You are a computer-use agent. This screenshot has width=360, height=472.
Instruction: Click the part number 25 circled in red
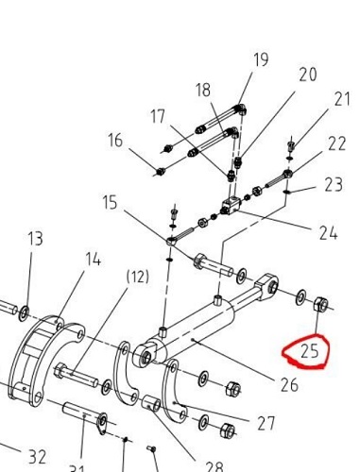[310, 351]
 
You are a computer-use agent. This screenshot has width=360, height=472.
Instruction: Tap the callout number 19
[261, 59]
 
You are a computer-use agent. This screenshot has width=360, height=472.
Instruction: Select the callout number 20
[307, 75]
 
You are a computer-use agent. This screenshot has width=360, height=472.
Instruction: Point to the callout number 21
[342, 99]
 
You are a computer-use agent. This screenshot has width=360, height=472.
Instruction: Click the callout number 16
[115, 140]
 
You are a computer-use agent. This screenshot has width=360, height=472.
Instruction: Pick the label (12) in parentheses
[138, 277]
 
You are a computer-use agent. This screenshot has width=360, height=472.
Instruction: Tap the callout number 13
[35, 238]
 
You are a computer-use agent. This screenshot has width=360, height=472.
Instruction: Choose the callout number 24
[328, 233]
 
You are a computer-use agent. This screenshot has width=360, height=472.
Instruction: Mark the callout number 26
[289, 384]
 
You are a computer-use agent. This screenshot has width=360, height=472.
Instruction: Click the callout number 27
[266, 423]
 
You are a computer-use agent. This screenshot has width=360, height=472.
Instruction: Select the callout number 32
[38, 457]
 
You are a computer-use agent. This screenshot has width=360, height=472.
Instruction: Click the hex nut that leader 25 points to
[321, 304]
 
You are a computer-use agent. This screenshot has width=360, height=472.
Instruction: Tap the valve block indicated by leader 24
[231, 205]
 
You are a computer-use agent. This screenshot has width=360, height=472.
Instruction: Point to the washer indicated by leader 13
[24, 313]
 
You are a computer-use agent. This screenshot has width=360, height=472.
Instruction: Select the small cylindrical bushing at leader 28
[151, 403]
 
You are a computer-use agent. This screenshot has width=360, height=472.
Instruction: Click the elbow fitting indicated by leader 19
[241, 109]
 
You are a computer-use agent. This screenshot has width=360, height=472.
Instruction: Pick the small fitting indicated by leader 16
[161, 172]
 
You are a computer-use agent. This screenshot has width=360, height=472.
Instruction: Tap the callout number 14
[94, 260]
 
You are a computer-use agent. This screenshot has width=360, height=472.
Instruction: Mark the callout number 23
[334, 185]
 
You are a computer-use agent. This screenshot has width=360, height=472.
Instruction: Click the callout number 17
[158, 117]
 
